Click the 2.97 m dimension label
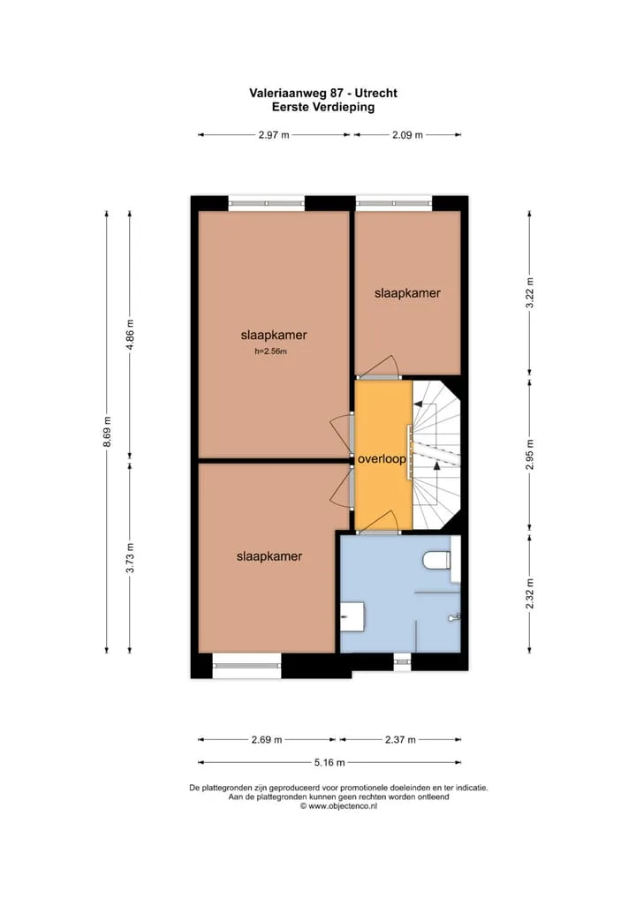tap(274, 135)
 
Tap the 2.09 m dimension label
tap(407, 135)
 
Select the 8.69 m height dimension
tap(107, 432)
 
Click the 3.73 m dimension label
tap(130, 557)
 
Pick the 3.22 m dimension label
tap(530, 292)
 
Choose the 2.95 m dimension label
tap(530, 454)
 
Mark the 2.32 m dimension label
tap(530, 593)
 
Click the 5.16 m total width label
tap(329, 762)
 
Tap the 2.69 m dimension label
tap(267, 740)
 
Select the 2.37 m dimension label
tap(400, 740)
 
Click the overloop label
tap(382, 459)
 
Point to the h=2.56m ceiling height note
tap(270, 351)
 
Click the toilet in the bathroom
tap(438, 560)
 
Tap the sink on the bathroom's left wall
tap(353, 617)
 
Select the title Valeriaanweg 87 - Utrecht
tap(323, 93)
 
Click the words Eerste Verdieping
tap(323, 107)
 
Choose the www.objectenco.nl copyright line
tap(338, 805)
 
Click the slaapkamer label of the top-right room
tap(407, 293)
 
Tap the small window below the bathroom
tap(403, 661)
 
